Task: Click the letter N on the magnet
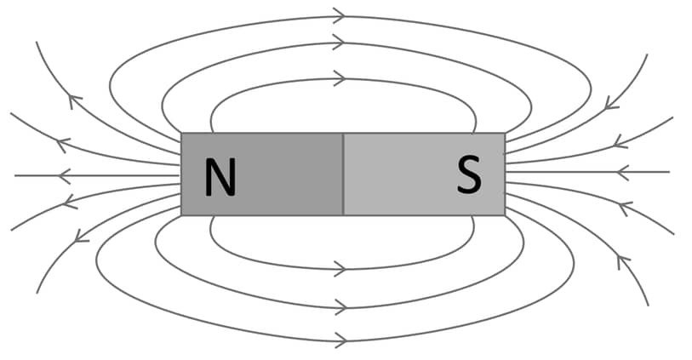coord(220,179)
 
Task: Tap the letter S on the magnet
coord(468,175)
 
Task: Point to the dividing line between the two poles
coord(343,174)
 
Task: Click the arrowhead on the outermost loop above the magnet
coord(339,14)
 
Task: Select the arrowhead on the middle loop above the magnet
coord(339,42)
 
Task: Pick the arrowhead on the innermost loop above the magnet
coord(339,79)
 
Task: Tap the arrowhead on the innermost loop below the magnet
coord(339,270)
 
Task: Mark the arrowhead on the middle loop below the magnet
coord(339,306)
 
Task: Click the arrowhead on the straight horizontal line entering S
coord(623,172)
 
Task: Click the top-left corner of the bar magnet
coord(182,134)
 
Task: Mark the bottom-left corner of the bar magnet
coord(182,214)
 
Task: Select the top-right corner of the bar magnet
coord(505,134)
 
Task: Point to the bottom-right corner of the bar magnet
coord(505,214)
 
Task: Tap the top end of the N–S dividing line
coord(343,134)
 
